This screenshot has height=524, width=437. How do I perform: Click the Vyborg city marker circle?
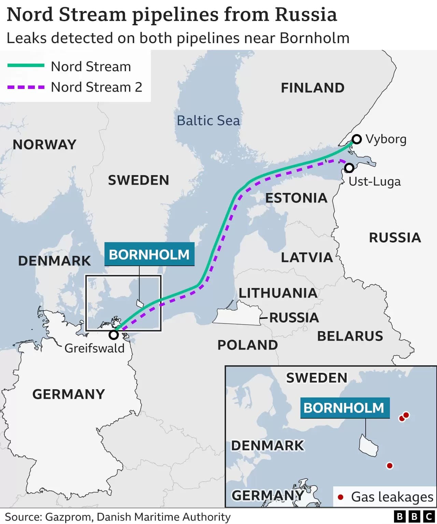coord(357,139)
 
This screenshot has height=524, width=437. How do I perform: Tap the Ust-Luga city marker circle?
coord(349,168)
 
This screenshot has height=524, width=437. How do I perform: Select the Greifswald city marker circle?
coord(114,335)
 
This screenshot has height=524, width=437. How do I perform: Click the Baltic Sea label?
coord(208,121)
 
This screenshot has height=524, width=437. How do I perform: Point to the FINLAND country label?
coord(312,88)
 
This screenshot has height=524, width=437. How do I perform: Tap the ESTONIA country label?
coord(296,198)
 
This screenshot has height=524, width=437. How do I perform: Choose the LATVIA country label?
coord(307,258)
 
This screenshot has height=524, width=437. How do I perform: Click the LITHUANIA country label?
coord(278,293)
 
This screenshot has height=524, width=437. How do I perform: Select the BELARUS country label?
coord(350,336)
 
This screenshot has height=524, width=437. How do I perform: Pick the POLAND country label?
coord(248,345)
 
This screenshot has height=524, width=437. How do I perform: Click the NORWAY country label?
coord(44,145)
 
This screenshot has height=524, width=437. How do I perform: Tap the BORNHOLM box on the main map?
coord(149,254)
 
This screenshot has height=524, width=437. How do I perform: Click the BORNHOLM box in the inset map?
coord(344,408)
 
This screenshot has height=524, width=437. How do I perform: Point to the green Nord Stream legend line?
coord(26,65)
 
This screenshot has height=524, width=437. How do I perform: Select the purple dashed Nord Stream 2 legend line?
coord(26,87)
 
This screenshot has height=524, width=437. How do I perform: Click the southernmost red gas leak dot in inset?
coord(390,466)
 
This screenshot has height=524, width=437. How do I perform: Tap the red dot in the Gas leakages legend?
coord(340,497)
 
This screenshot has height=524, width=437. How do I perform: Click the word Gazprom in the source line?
coord(68,517)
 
